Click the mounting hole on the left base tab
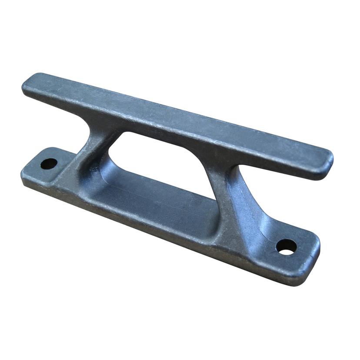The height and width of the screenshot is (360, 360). click(49, 164)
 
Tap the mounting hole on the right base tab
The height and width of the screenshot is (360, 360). click(286, 247)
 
